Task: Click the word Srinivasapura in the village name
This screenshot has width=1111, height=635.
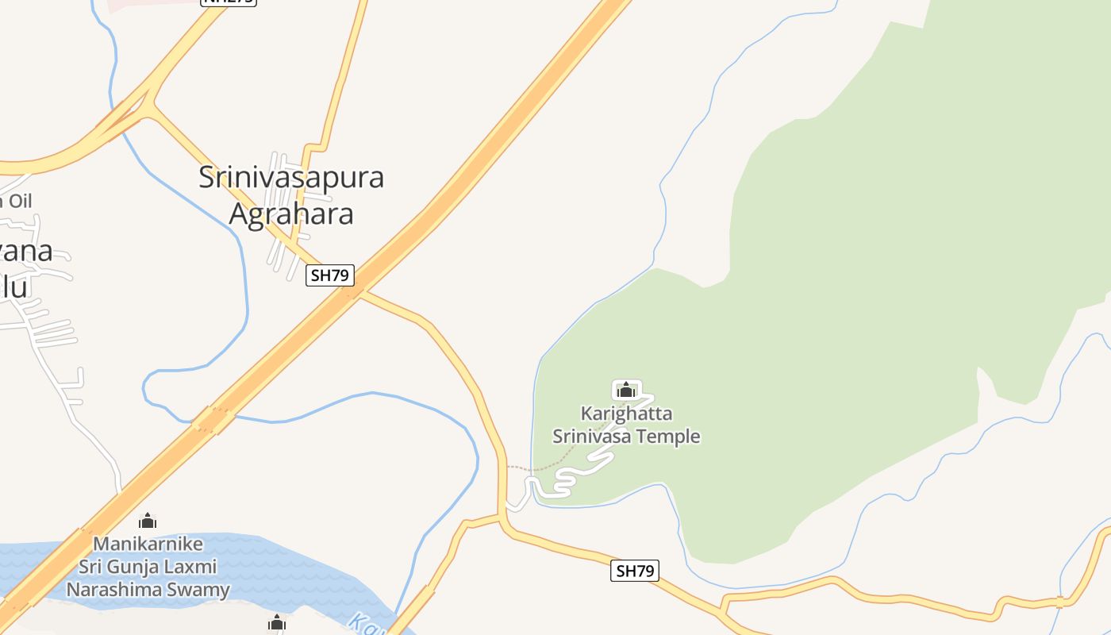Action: pyautogui.click(x=291, y=177)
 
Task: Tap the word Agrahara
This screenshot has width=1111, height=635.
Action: pyautogui.click(x=291, y=214)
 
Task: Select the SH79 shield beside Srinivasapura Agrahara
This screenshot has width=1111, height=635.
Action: pyautogui.click(x=330, y=275)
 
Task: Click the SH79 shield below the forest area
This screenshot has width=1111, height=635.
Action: pyautogui.click(x=635, y=571)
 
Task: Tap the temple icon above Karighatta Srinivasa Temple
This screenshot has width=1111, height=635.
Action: pyautogui.click(x=626, y=390)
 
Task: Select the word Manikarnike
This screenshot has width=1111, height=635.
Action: pyautogui.click(x=148, y=545)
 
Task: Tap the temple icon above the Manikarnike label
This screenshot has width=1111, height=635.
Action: pyautogui.click(x=148, y=521)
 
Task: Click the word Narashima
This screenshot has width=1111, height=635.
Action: pyautogui.click(x=117, y=590)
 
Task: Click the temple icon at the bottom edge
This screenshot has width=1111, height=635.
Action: pyautogui.click(x=276, y=624)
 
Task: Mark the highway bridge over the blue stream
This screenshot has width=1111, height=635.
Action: pyautogui.click(x=213, y=419)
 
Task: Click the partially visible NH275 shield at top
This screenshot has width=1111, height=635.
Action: pyautogui.click(x=229, y=2)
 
